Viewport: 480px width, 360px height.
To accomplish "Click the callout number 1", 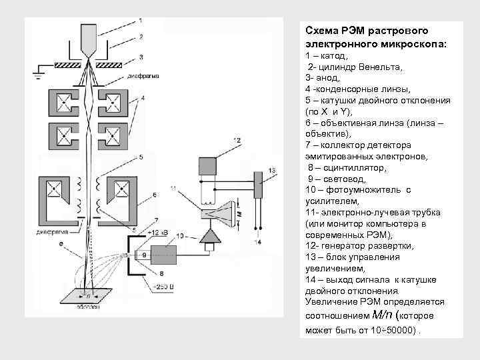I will [140, 20].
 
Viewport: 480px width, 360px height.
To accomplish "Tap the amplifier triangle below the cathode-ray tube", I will [211, 237].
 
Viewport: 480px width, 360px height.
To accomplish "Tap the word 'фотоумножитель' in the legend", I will [365, 190].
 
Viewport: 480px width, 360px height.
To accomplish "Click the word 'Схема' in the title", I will [321, 31].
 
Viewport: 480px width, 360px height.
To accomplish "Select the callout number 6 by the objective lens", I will [155, 195].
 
